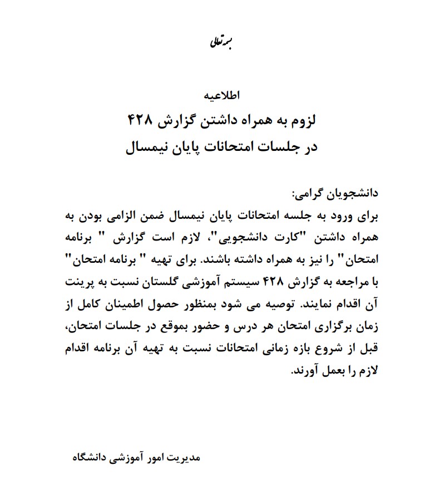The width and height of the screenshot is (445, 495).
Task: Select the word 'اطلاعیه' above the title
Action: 222,94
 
